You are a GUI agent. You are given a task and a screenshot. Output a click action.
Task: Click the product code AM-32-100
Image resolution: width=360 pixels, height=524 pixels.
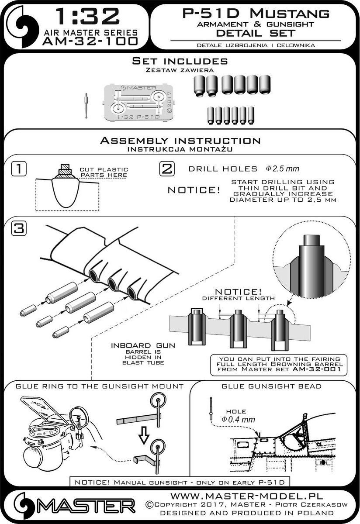click(90, 41)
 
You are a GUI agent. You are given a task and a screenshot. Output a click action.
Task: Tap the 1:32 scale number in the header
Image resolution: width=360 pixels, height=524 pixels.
click(88, 17)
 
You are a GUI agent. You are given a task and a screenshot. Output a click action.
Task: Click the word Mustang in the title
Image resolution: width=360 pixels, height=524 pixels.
click(290, 14)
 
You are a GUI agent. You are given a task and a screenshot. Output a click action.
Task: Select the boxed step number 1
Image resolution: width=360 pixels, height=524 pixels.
click(19, 169)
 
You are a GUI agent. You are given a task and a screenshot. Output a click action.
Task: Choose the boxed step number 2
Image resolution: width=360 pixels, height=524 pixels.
click(167, 169)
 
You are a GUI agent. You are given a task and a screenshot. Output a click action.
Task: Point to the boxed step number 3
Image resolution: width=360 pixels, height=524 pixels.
click(19, 228)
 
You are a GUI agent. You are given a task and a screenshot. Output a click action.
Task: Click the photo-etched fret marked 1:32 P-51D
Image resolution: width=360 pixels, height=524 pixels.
click(139, 103)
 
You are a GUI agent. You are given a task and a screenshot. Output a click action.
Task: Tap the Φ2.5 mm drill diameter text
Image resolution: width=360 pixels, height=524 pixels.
click(282, 169)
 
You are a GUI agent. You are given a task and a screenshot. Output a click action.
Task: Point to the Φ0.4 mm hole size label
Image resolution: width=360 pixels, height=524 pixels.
click(238, 426)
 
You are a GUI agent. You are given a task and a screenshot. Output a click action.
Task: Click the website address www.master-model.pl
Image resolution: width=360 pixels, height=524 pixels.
click(247, 495)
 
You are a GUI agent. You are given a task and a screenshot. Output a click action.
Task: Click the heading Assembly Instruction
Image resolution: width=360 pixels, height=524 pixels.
click(180, 141)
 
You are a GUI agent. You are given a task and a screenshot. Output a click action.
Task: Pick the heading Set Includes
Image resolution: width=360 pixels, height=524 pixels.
click(180, 61)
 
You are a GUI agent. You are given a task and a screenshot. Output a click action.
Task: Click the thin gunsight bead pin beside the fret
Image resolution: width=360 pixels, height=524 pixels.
click(86, 106)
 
